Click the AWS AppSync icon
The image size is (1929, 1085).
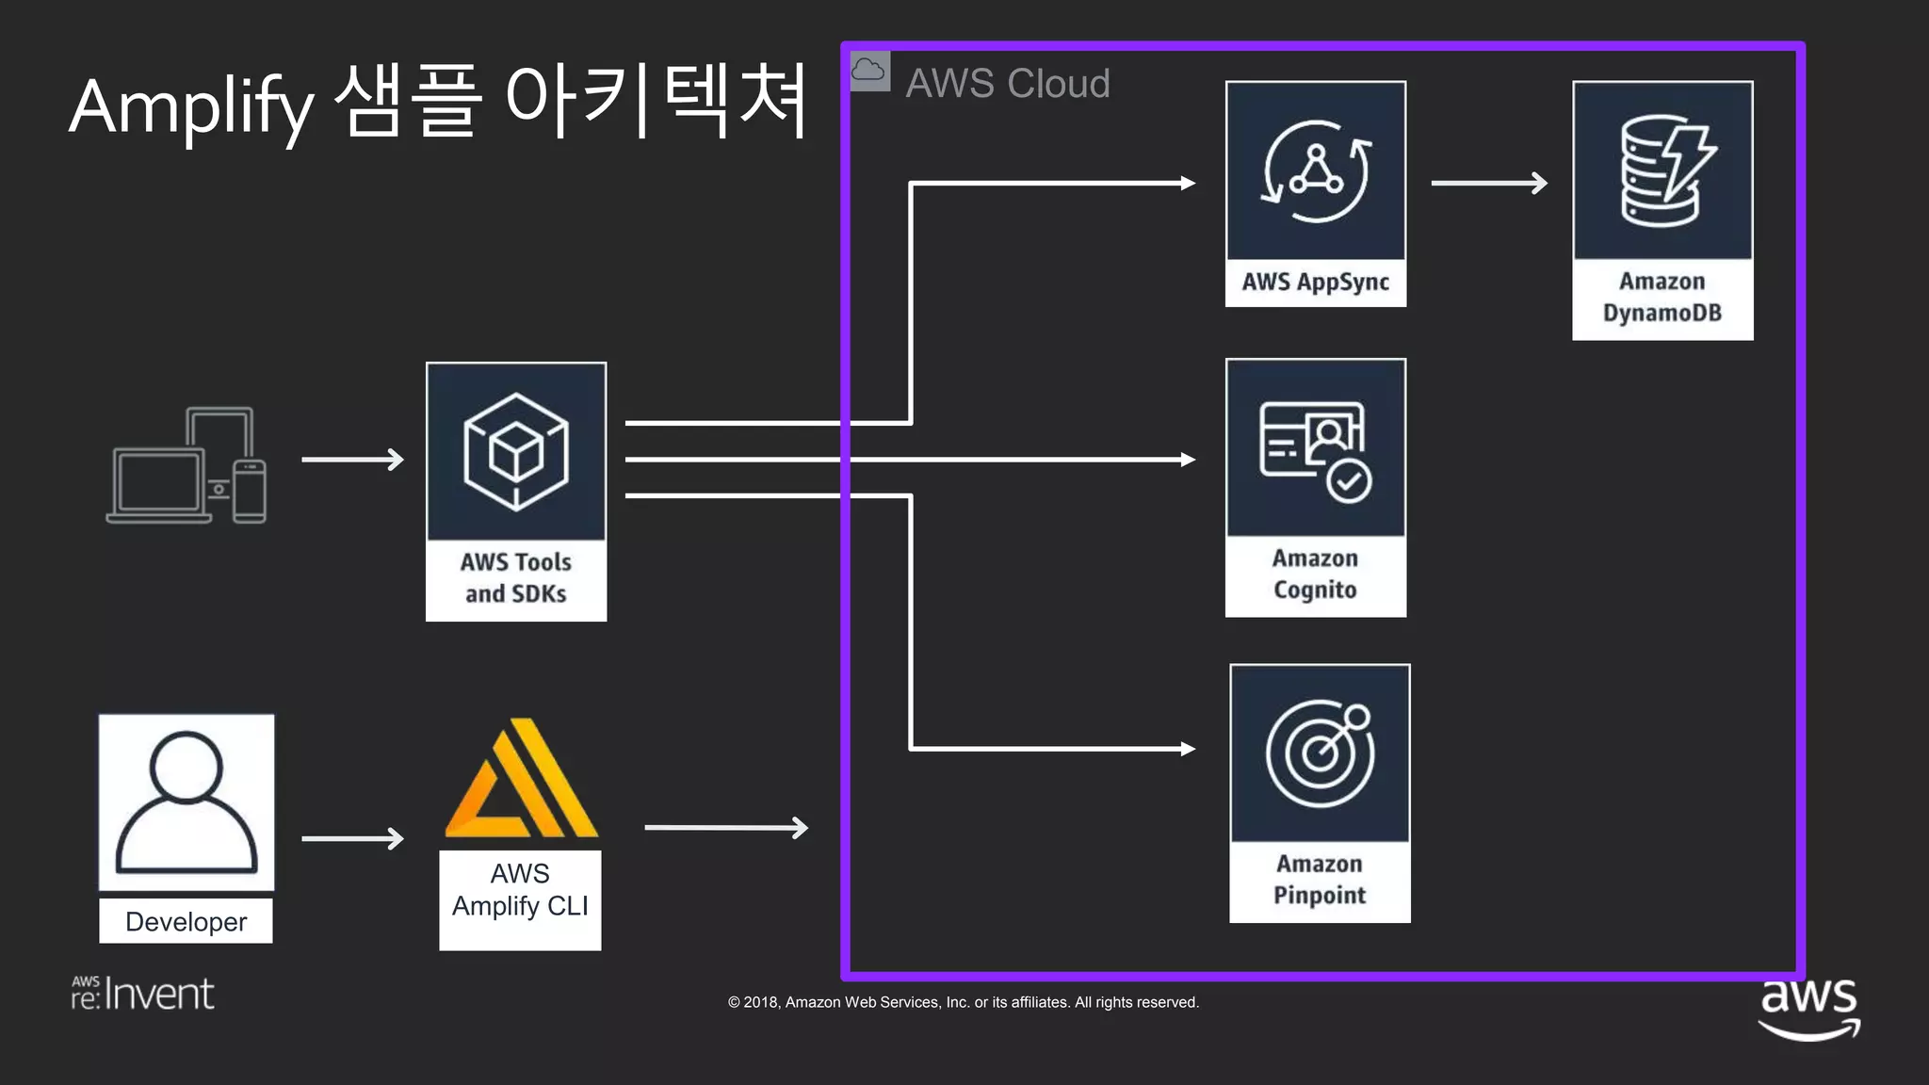pyautogui.click(x=1315, y=171)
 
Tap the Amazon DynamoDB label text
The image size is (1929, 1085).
pyautogui.click(x=1662, y=297)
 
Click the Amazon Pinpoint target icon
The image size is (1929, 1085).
pyautogui.click(x=1319, y=753)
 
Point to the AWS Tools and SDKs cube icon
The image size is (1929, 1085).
pyautogui.click(x=515, y=452)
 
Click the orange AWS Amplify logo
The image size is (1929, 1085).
pyautogui.click(x=521, y=780)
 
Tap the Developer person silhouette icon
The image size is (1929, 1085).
pyautogui.click(x=186, y=802)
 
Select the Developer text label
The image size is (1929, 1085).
pyautogui.click(x=186, y=921)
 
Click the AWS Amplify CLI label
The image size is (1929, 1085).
pyautogui.click(x=520, y=890)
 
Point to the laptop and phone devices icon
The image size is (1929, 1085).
pyautogui.click(x=187, y=466)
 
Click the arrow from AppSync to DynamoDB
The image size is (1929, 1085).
pyautogui.click(x=1488, y=183)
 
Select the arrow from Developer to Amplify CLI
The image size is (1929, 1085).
pyautogui.click(x=352, y=838)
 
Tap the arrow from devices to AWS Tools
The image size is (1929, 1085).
pyautogui.click(x=352, y=460)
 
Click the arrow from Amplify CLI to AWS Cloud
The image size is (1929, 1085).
pyautogui.click(x=725, y=828)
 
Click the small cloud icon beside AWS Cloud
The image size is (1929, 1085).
pyautogui.click(x=868, y=72)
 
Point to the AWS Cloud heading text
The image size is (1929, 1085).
pyautogui.click(x=1007, y=84)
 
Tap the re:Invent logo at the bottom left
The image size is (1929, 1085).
pyautogui.click(x=143, y=994)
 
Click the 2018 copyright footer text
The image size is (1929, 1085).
pyautogui.click(x=963, y=1002)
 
